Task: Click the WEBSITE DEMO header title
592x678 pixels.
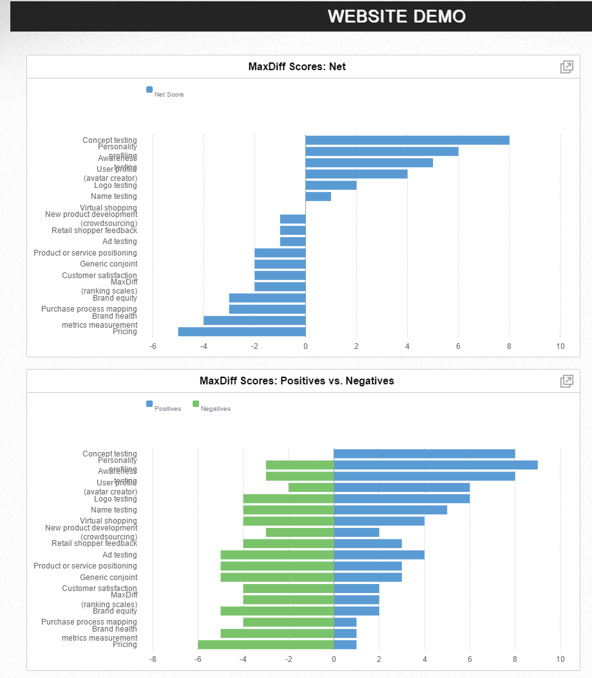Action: click(x=396, y=16)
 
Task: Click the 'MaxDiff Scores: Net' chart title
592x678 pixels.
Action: click(x=297, y=66)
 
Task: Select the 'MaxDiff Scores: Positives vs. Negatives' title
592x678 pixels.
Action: click(x=297, y=381)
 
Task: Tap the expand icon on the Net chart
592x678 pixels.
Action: click(x=566, y=67)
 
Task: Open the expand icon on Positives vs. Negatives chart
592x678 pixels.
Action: click(x=566, y=381)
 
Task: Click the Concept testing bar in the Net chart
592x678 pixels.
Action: click(x=407, y=140)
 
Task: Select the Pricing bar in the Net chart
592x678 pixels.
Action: click(x=242, y=332)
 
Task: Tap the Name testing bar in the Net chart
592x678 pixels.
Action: click(x=318, y=196)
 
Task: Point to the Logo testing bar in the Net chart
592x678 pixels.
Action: click(x=331, y=185)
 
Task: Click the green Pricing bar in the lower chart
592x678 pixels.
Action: click(x=265, y=645)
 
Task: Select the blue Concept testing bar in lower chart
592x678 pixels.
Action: click(x=424, y=454)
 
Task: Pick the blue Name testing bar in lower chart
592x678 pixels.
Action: click(x=390, y=510)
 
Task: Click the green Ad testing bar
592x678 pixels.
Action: click(x=277, y=555)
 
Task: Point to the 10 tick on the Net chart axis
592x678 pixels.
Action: click(x=560, y=346)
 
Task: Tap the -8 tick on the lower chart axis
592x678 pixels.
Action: click(x=153, y=659)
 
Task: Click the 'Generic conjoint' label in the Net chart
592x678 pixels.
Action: click(x=108, y=264)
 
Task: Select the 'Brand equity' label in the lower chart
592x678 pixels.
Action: click(x=115, y=611)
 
